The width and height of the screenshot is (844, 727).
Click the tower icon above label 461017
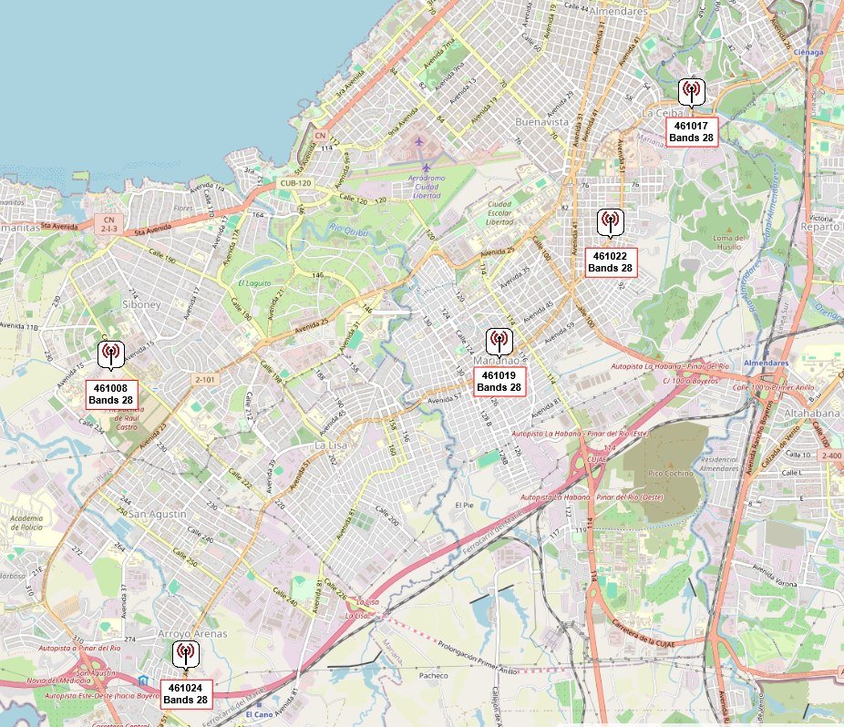(x=691, y=91)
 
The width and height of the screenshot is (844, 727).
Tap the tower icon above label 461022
(x=610, y=221)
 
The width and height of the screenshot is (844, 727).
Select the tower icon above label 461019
(x=499, y=341)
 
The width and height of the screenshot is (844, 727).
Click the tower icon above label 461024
(x=185, y=652)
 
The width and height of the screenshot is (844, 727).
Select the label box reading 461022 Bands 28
(x=611, y=262)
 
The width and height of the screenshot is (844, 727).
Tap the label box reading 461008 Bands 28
(x=111, y=394)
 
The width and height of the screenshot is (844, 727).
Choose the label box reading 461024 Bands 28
(x=186, y=693)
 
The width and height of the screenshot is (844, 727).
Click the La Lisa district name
(x=331, y=445)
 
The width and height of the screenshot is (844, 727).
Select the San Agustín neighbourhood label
(x=157, y=515)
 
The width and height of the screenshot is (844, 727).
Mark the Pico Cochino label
(x=671, y=474)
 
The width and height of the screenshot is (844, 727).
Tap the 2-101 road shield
(x=206, y=378)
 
